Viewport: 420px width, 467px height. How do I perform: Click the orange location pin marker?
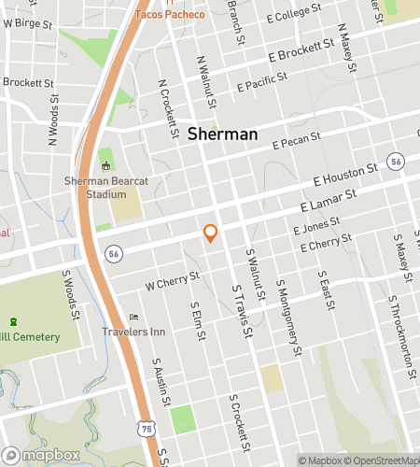[x=211, y=233]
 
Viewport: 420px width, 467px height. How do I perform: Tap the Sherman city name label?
[x=222, y=134]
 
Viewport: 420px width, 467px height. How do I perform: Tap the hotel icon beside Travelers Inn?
[x=133, y=318]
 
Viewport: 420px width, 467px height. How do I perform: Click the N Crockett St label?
[x=168, y=107]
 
